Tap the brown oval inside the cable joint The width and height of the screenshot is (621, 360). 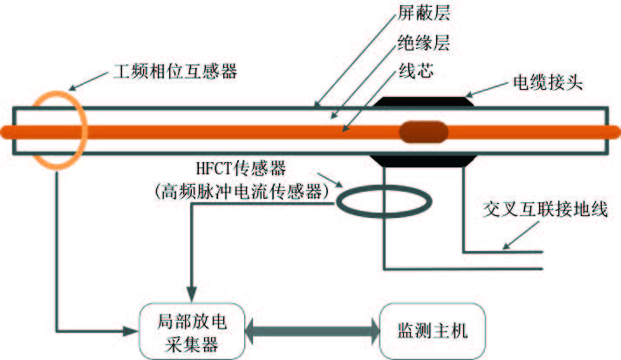tap(424, 132)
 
